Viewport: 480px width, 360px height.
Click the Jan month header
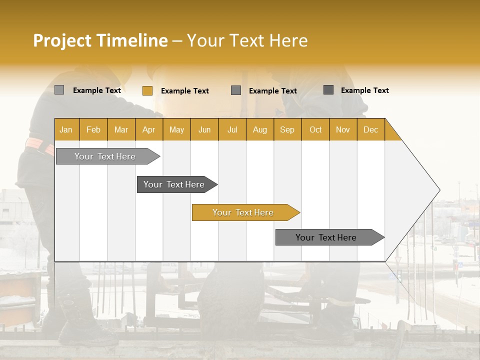pos(66,129)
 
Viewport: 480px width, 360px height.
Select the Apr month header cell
pos(148,129)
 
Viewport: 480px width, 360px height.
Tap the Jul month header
pos(232,129)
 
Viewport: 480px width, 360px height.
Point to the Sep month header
pos(287,129)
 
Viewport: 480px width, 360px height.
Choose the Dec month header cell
pos(370,129)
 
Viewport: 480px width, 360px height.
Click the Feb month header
pos(93,129)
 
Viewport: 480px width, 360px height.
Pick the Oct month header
pos(315,129)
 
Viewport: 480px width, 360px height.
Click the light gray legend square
pos(59,90)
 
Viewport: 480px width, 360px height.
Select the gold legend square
pos(147,90)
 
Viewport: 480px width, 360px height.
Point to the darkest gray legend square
pos(328,90)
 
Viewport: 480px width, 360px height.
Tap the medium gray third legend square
pos(236,90)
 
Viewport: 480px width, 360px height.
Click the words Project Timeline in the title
pos(100,40)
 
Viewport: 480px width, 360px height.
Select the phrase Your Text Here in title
pos(247,40)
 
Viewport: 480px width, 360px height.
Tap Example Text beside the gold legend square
pos(185,91)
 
